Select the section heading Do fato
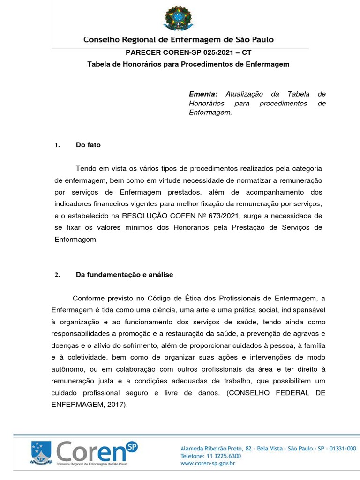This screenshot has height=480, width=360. pos(88,145)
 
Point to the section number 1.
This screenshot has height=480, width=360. pos(57,145)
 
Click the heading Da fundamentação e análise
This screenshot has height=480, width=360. pos(124,275)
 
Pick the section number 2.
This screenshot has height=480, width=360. pos(57,275)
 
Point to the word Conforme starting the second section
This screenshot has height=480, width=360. pos(89,299)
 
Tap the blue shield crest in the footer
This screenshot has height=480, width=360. pos(41,452)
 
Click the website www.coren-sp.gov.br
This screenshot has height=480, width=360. pos(208,463)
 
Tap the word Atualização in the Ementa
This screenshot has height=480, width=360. pos(245,94)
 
